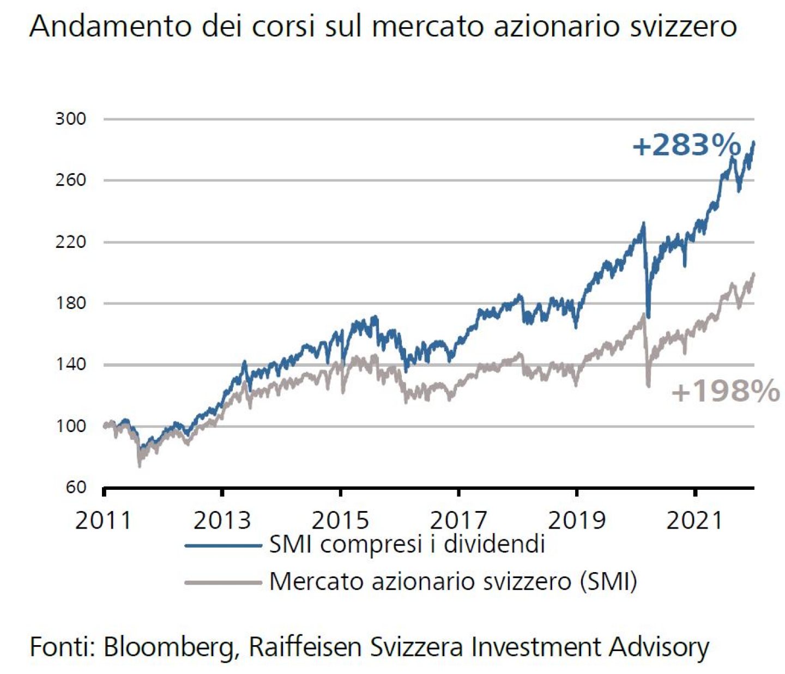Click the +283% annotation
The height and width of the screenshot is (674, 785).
coord(686,145)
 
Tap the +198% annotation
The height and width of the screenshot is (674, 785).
coord(726,391)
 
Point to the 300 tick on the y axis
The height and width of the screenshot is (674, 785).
coord(71,119)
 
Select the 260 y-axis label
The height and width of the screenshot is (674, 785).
coord(71,180)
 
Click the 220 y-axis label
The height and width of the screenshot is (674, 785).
coord(71,242)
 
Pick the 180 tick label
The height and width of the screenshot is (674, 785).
coord(71,303)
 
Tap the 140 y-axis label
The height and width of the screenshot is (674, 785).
coord(71,365)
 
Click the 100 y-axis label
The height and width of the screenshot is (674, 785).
coord(71,426)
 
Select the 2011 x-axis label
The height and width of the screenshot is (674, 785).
coord(103,520)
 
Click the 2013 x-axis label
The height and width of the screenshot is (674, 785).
coord(222,520)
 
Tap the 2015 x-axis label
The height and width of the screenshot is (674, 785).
coord(340,520)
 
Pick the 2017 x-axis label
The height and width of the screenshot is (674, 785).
coord(458,520)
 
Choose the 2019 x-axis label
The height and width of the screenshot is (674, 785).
coord(577,520)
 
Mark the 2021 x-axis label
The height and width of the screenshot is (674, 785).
coord(695,520)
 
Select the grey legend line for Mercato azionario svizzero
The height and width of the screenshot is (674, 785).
coord(224,582)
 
